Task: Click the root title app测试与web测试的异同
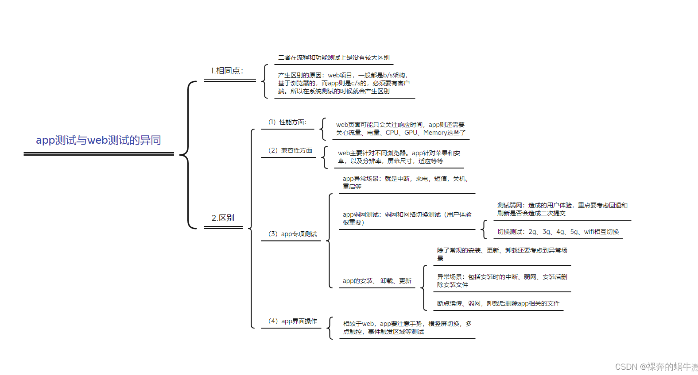pyautogui.click(x=98, y=140)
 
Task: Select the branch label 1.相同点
pyautogui.click(x=227, y=71)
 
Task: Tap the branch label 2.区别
pyautogui.click(x=223, y=218)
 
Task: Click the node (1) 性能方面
pyautogui.click(x=287, y=122)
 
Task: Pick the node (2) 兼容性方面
pyautogui.click(x=290, y=150)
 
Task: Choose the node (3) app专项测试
pyautogui.click(x=292, y=234)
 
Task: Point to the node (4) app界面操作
pyautogui.click(x=292, y=321)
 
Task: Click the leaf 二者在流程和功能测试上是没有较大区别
pyautogui.click(x=333, y=57)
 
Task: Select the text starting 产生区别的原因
pyautogui.click(x=344, y=83)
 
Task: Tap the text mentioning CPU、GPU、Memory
pyautogui.click(x=400, y=129)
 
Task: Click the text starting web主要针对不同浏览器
pyautogui.click(x=399, y=157)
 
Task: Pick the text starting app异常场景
pyautogui.click(x=405, y=183)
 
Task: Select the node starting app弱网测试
pyautogui.click(x=407, y=218)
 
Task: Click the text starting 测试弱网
pyautogui.click(x=562, y=209)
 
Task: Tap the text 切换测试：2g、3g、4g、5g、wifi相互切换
pyautogui.click(x=558, y=232)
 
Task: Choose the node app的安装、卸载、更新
pyautogui.click(x=377, y=281)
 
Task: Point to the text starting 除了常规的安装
pyautogui.click(x=502, y=254)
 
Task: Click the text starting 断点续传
pyautogui.click(x=498, y=303)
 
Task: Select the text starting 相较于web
pyautogui.click(x=407, y=328)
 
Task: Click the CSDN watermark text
pyautogui.click(x=655, y=367)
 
